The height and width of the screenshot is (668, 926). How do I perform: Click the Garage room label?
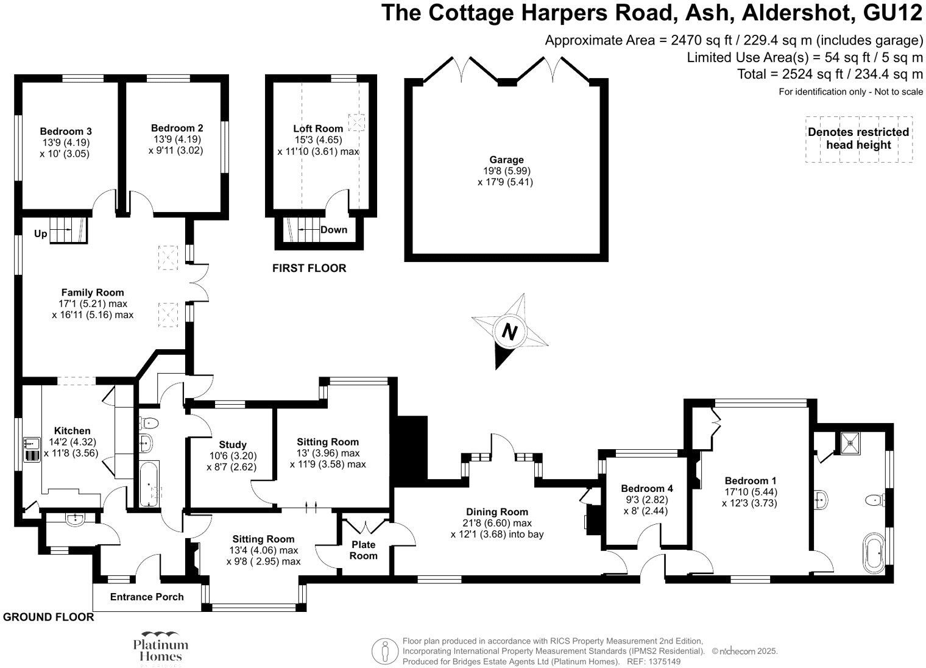point(506,160)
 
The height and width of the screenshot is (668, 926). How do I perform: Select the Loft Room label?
point(318,129)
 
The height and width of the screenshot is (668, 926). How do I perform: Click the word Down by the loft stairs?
point(334,230)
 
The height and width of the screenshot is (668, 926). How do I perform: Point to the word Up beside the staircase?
point(40,233)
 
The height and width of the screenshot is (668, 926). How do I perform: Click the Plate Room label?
point(363,550)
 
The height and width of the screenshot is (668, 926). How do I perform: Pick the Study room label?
point(233,444)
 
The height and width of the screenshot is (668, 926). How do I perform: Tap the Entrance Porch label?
point(147,597)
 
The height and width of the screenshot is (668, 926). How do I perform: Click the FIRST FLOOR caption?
point(309,268)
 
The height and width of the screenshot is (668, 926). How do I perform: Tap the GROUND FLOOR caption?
point(49,617)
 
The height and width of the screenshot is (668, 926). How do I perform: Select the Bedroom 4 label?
point(646,488)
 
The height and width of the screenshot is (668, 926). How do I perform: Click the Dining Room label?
point(497,512)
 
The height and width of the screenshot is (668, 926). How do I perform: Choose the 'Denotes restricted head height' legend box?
point(858,139)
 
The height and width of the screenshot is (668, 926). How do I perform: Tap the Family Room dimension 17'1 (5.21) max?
point(93,304)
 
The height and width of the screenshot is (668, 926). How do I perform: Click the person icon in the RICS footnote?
point(385,652)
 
